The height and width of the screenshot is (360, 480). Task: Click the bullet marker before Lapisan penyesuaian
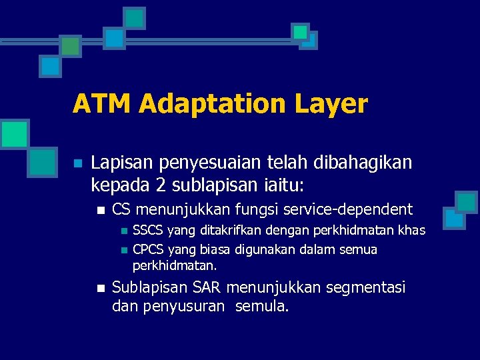tap(77, 163)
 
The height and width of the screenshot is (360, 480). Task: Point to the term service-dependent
tap(348, 209)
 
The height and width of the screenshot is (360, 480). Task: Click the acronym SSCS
tap(148, 231)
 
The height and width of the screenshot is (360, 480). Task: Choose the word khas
tap(411, 231)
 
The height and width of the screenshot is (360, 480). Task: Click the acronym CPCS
tap(148, 250)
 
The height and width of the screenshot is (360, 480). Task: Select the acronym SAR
tap(208, 288)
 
